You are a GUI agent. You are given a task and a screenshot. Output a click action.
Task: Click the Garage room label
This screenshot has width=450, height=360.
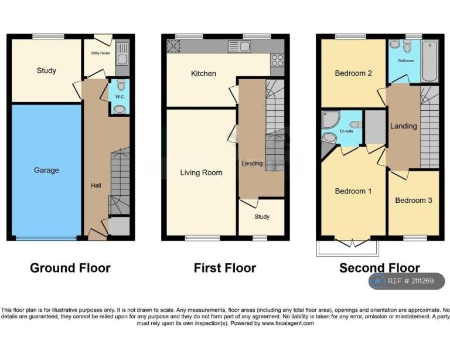(46, 170)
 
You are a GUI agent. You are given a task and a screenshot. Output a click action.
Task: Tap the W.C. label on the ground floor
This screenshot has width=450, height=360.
(120, 97)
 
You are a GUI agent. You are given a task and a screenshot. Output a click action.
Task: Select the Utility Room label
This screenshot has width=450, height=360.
(100, 53)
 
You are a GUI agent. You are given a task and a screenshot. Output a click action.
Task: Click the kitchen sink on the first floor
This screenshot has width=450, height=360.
(239, 46)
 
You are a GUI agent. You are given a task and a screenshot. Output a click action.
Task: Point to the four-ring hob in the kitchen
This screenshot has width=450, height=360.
(277, 60)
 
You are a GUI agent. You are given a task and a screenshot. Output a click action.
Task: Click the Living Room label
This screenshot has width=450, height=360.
(201, 172)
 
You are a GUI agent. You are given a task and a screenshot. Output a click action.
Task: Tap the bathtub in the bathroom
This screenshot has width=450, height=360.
(429, 61)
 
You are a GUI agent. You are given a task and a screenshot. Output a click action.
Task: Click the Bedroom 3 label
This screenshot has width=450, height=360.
(414, 201)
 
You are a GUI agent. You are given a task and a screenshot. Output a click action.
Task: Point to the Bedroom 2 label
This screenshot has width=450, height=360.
(353, 73)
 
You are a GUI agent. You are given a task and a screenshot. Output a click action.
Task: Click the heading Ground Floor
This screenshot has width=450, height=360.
(70, 268)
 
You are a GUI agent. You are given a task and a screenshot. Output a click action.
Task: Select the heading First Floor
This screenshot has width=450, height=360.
(225, 268)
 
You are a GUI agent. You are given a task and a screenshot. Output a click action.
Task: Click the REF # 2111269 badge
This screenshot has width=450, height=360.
(407, 281)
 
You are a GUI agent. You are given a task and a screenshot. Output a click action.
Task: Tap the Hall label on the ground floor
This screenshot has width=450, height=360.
(96, 185)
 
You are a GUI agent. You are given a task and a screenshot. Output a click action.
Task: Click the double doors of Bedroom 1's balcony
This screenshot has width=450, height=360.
(352, 243)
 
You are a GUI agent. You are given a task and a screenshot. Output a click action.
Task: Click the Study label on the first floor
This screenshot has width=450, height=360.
(262, 217)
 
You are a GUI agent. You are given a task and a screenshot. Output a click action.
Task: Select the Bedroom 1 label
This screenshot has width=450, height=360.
(353, 191)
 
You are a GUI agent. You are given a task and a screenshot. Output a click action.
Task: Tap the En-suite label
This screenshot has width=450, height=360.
(346, 131)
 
